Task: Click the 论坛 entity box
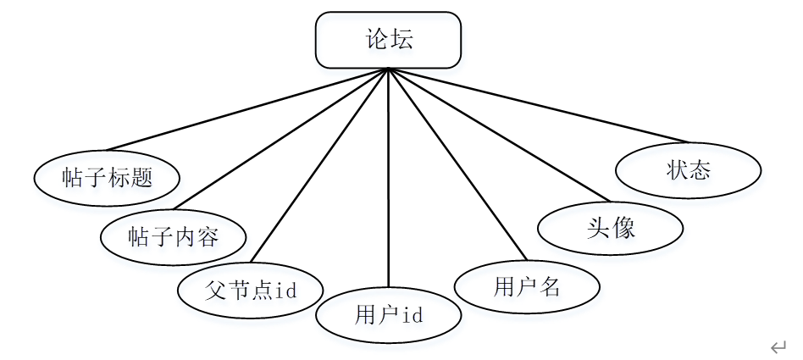(x=389, y=40)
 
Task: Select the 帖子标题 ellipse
(x=108, y=177)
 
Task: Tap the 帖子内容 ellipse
(x=174, y=236)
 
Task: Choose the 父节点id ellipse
(x=251, y=290)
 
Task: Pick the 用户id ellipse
(x=389, y=315)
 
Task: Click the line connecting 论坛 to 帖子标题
(x=246, y=109)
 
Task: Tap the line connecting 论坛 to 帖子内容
(x=280, y=139)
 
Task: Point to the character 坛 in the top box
(x=402, y=40)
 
